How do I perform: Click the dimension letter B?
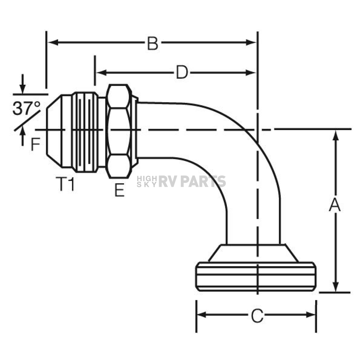(153, 43)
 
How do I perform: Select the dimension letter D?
(182, 72)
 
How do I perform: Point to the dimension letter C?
(257, 315)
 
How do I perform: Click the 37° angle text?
(26, 108)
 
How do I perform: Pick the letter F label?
(35, 144)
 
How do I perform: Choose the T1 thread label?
(65, 184)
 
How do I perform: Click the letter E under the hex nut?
(119, 190)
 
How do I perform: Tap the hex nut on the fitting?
(118, 131)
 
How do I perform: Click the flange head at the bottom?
(256, 277)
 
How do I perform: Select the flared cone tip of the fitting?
(54, 131)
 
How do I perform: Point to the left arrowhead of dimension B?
(53, 43)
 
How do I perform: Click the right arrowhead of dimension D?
(251, 72)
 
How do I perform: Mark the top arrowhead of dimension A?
(335, 135)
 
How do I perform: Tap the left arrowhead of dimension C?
(201, 315)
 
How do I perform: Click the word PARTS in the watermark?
(203, 181)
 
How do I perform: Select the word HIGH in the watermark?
(147, 179)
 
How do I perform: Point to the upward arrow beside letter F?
(22, 136)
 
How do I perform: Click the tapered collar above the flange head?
(253, 253)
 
